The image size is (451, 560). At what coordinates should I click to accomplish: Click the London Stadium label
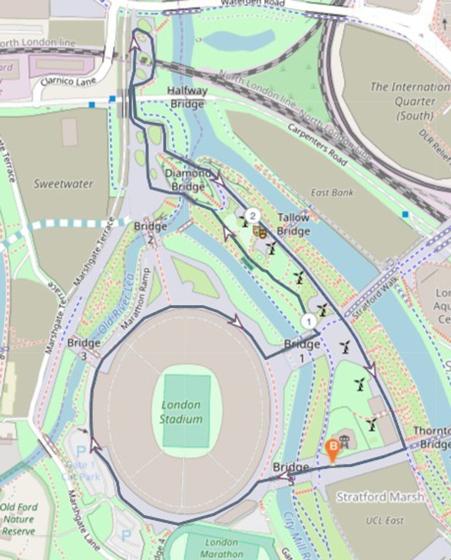[181, 412]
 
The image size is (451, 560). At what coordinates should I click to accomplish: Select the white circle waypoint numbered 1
[309, 322]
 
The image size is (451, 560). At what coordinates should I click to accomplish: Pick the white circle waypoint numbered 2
[253, 216]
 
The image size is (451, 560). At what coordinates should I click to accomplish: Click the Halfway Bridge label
[187, 97]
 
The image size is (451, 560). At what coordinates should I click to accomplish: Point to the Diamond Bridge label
[188, 180]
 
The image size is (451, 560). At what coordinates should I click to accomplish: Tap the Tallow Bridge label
[293, 224]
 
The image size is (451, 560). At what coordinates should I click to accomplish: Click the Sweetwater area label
[63, 184]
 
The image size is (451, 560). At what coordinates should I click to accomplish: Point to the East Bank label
[332, 193]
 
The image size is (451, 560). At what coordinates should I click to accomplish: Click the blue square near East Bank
[405, 214]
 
